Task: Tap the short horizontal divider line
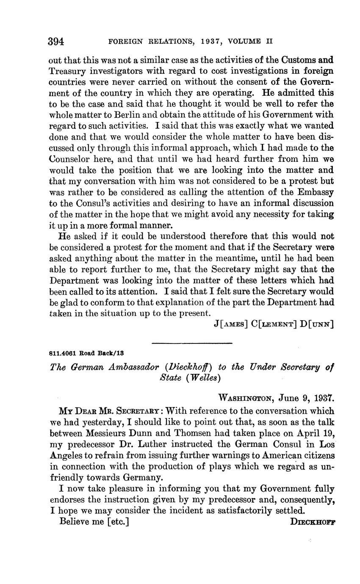191,343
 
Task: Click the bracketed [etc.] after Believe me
118,522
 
